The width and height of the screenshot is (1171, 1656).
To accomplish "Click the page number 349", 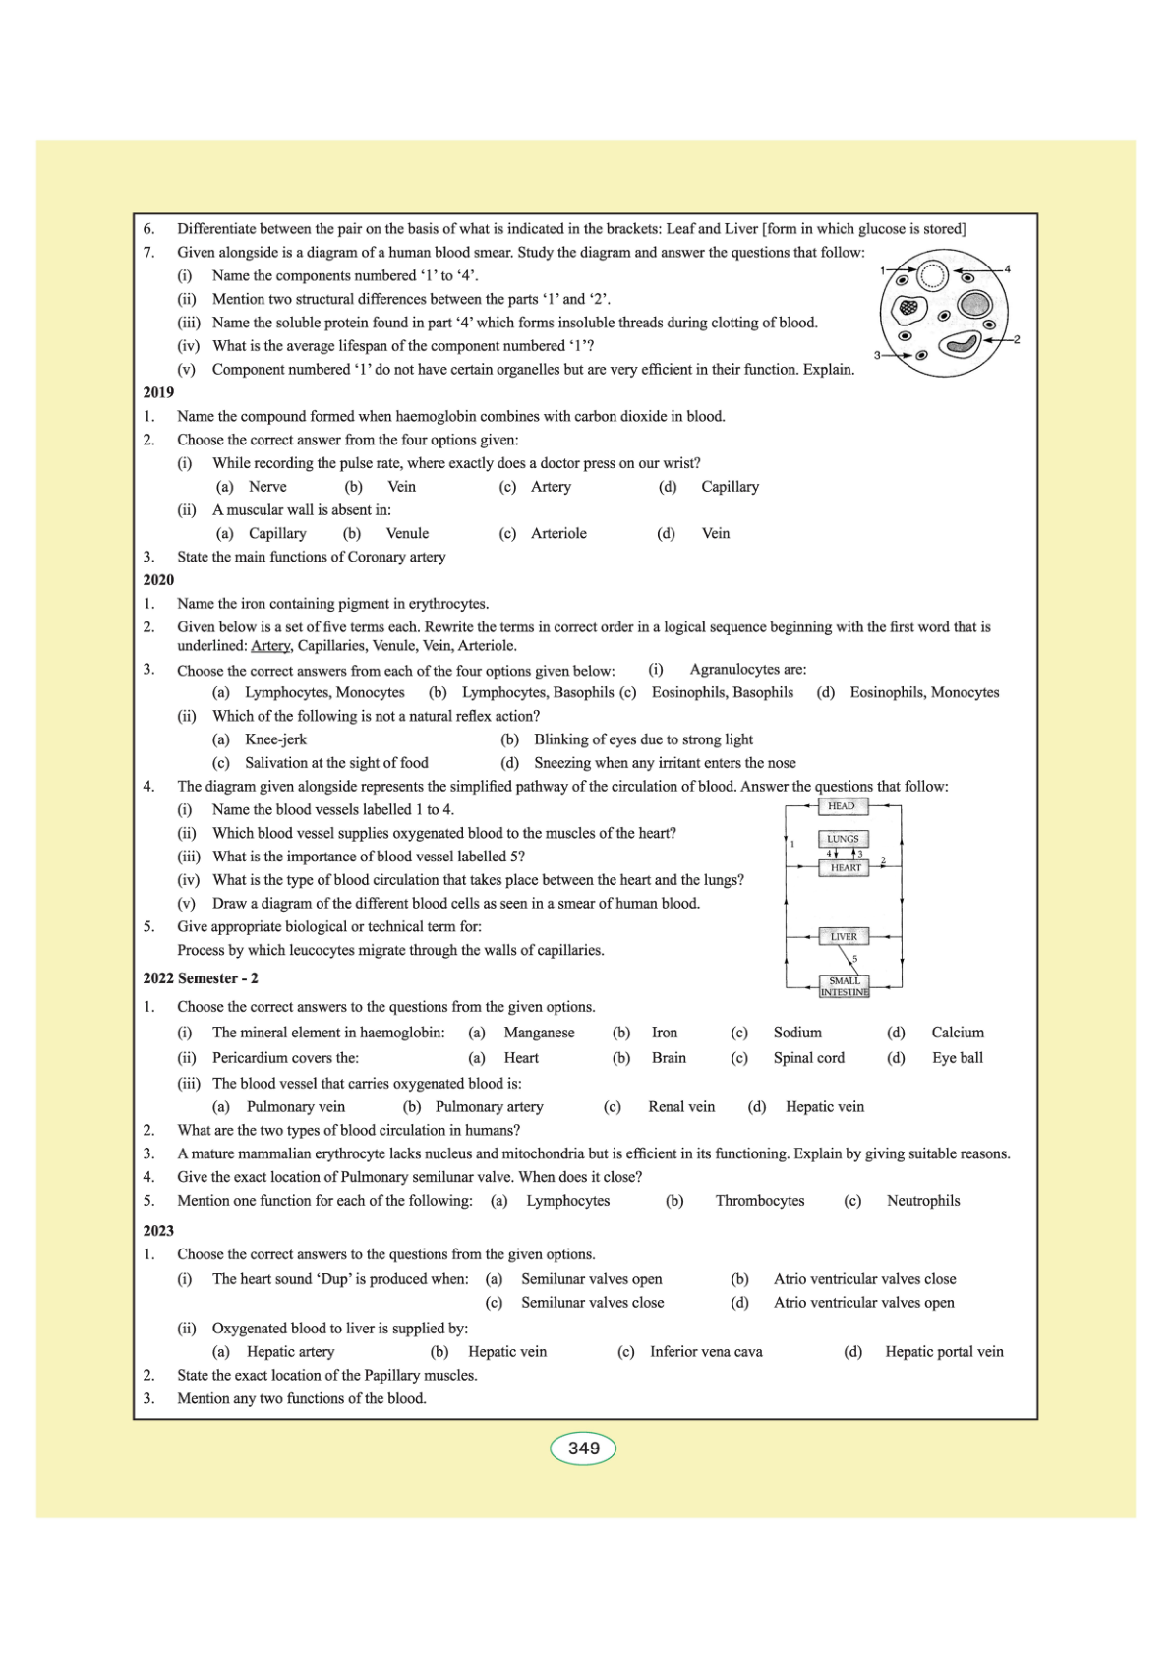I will pyautogui.click(x=583, y=1449).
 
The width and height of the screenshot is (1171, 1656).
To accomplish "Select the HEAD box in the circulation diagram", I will pyautogui.click(x=842, y=806).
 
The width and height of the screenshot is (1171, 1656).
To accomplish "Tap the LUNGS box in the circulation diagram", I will pyautogui.click(x=843, y=839).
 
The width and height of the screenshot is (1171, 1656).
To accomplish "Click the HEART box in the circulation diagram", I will pyautogui.click(x=845, y=868).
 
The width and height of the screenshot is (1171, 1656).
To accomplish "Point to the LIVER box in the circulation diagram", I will pyautogui.click(x=844, y=937).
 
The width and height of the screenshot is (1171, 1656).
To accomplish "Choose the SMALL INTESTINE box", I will pyautogui.click(x=844, y=986).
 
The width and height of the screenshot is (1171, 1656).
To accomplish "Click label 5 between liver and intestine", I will pyautogui.click(x=854, y=959).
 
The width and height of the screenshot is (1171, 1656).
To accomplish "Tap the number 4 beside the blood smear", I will pyautogui.click(x=1007, y=268).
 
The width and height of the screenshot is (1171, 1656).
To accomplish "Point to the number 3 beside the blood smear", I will pyautogui.click(x=877, y=355).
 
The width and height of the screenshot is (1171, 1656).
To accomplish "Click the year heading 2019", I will pyautogui.click(x=158, y=392).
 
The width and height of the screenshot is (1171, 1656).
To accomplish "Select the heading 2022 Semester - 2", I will pyautogui.click(x=201, y=978).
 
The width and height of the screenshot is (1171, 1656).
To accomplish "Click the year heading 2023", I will pyautogui.click(x=158, y=1231).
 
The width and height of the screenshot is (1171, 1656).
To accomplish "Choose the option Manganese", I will pyautogui.click(x=539, y=1033).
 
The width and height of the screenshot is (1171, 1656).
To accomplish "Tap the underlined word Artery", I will pyautogui.click(x=270, y=646).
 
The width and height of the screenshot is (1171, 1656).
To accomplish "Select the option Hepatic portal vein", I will pyautogui.click(x=944, y=1352).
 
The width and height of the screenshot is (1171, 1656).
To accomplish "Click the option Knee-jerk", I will pyautogui.click(x=275, y=739).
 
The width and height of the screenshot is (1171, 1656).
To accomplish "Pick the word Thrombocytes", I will pyautogui.click(x=759, y=1201).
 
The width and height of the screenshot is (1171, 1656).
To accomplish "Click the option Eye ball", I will pyautogui.click(x=957, y=1058).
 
